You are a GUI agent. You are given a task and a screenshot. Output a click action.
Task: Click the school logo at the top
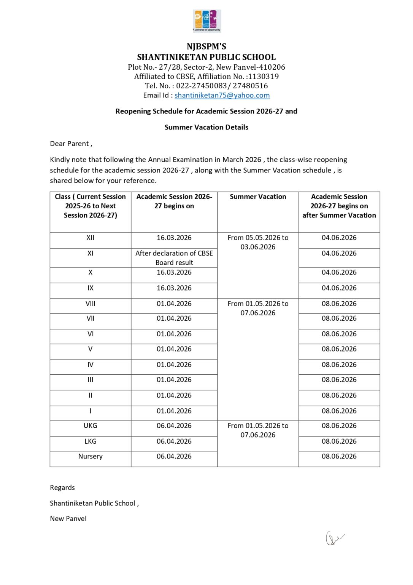206,21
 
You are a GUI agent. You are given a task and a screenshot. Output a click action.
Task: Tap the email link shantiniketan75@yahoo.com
222,96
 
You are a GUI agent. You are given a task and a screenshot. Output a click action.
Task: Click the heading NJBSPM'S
206,46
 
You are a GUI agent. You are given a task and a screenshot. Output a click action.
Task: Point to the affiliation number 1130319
263,77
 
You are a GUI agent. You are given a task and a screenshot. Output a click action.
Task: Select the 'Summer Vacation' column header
258,197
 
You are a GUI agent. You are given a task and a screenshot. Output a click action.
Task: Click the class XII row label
90,238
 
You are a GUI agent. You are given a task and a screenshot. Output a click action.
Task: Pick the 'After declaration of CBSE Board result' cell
174,258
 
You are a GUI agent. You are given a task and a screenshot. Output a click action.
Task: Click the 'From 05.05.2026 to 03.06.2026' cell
258,242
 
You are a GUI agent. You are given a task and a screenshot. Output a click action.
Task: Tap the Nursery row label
90,456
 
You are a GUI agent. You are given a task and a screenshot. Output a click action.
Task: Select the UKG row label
90,426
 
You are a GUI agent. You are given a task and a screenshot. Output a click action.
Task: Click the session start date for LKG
174,441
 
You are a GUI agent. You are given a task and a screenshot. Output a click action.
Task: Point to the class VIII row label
90,304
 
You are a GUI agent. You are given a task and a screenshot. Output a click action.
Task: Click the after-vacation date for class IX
339,288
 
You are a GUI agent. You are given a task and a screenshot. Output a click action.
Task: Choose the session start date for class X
174,273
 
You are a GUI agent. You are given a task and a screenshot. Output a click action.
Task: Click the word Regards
62,488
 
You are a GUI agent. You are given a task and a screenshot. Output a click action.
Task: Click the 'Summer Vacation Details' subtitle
206,128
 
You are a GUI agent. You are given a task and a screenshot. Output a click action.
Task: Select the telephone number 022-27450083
201,86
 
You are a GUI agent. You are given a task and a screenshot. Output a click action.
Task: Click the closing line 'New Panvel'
68,519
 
